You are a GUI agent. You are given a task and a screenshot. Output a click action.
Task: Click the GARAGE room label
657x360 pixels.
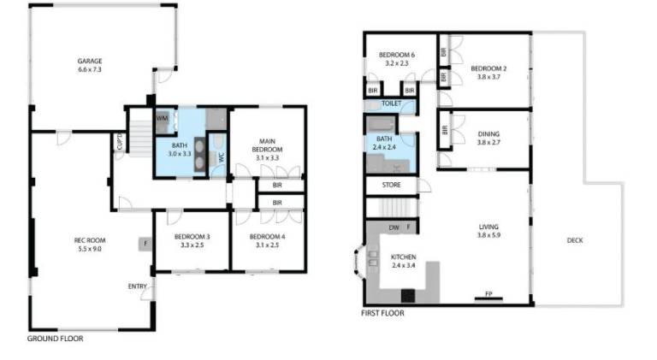(90, 61)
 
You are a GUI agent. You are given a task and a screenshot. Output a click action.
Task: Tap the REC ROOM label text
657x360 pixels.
(90, 240)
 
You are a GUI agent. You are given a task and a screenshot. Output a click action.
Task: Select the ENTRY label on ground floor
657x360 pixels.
(138, 286)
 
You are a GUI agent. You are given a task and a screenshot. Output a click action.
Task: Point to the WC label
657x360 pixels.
(222, 157)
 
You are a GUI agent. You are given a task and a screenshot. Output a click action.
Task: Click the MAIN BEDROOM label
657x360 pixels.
(267, 145)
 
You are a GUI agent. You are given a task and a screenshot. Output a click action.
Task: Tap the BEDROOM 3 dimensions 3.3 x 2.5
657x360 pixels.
(192, 245)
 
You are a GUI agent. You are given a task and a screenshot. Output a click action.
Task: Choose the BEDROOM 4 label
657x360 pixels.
(267, 237)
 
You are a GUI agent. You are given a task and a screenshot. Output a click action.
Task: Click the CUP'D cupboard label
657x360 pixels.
(120, 141)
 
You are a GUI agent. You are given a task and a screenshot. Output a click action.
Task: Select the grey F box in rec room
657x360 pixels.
(145, 243)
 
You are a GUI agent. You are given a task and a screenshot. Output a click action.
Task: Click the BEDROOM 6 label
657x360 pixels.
(397, 55)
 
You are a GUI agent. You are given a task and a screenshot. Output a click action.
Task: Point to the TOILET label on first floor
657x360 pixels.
(391, 103)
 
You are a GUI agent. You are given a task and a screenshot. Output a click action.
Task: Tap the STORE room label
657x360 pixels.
(391, 185)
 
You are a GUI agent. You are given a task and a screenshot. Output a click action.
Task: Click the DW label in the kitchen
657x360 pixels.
(394, 227)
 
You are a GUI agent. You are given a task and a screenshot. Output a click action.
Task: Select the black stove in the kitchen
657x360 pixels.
(408, 296)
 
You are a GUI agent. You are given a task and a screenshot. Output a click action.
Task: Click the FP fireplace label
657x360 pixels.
(488, 294)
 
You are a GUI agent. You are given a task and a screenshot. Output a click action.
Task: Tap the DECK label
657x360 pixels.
(575, 240)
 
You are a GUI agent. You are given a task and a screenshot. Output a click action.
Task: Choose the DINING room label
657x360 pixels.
(488, 134)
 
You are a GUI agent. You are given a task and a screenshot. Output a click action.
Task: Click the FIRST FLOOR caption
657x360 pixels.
(382, 313)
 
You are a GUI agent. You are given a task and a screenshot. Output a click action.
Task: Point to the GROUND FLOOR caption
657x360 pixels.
(56, 339)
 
